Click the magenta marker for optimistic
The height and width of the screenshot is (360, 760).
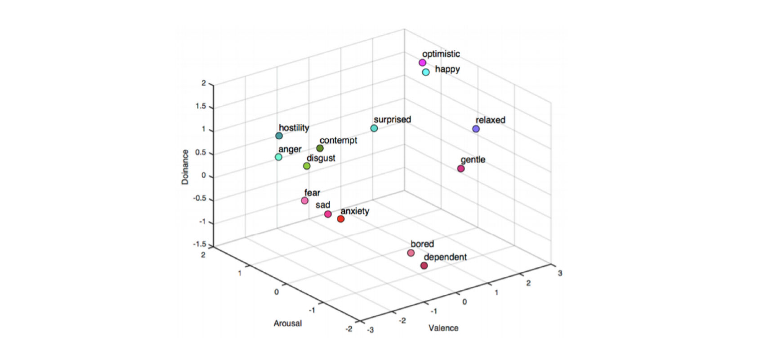tap(422, 63)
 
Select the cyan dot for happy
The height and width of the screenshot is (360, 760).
tap(426, 72)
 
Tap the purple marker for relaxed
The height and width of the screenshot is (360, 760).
tap(476, 129)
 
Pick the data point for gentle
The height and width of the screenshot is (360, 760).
tap(461, 169)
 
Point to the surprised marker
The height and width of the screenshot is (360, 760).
tap(374, 128)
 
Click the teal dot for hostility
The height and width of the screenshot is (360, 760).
tap(279, 136)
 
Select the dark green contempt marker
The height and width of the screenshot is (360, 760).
tap(320, 148)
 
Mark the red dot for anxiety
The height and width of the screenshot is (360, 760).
tap(341, 219)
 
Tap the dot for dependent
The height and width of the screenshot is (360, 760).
tap(424, 266)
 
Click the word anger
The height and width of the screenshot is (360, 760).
tap(290, 149)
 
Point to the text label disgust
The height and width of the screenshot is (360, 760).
tap(321, 158)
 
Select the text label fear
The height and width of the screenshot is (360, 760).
tap(312, 193)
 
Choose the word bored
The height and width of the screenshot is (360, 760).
tap(422, 244)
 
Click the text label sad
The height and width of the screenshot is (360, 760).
tap(323, 205)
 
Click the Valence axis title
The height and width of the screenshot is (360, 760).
tap(443, 328)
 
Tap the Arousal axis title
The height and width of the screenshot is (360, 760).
tap(288, 323)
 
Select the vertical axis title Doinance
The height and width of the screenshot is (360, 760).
tap(185, 167)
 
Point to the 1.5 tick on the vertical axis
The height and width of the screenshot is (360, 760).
tap(201, 107)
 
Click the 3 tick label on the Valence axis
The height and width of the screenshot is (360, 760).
tap(560, 273)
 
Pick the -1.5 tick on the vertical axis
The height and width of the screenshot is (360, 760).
tap(199, 245)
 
